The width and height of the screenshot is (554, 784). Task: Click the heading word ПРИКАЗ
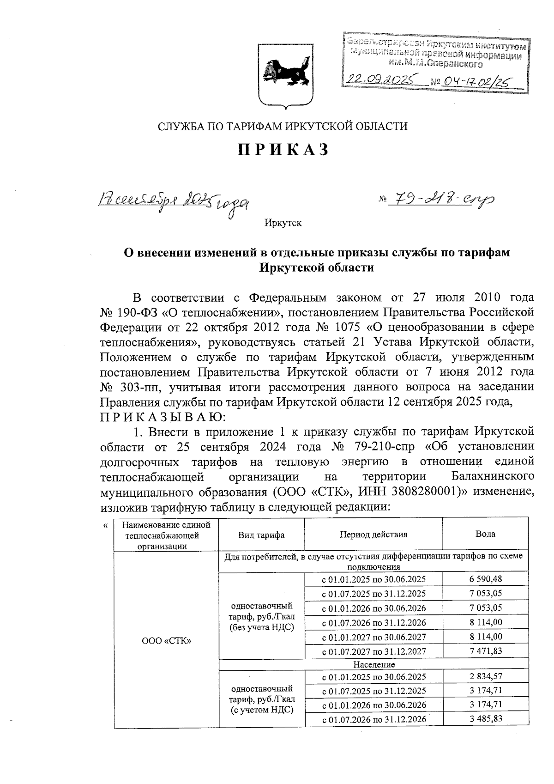(x=283, y=150)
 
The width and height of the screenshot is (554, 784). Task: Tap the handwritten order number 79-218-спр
(x=442, y=200)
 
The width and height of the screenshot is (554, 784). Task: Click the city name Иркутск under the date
(x=283, y=223)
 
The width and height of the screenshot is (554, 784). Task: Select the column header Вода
(x=485, y=534)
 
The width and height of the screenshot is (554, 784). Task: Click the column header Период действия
(x=373, y=535)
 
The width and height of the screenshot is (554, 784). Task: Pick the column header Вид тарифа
(x=261, y=535)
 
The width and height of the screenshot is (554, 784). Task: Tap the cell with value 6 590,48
(x=486, y=579)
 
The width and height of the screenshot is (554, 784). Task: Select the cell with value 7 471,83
(x=486, y=651)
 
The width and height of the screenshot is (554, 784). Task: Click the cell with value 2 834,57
(x=486, y=676)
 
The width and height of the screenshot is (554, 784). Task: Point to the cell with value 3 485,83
(x=486, y=718)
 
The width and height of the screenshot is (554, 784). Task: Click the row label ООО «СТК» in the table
(x=167, y=641)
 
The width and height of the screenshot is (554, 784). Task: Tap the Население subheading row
(x=374, y=664)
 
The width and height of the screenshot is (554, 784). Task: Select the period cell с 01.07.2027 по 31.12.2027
(x=373, y=651)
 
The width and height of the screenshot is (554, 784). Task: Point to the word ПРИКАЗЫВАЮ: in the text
(x=163, y=417)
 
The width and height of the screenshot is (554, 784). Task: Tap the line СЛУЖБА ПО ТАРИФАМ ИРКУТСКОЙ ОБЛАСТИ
(x=283, y=126)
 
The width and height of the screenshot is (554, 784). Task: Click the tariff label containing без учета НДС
(x=261, y=616)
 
